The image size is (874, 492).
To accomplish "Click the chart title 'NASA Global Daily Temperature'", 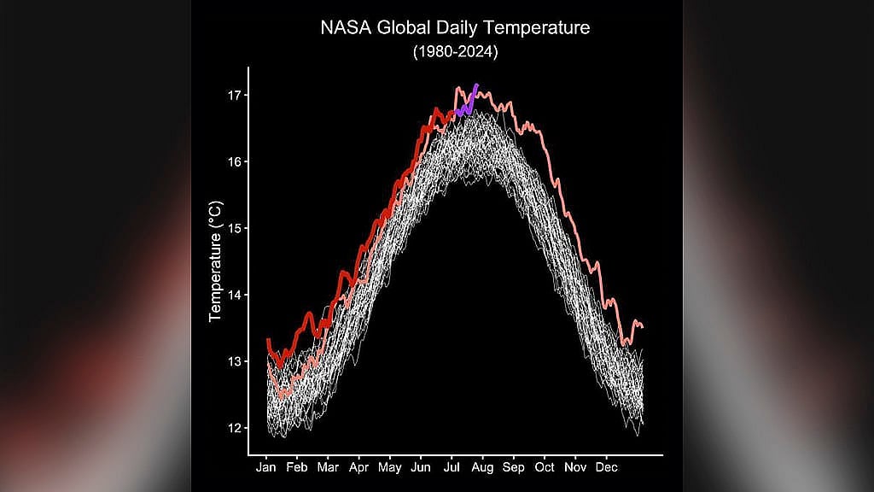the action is (455, 28).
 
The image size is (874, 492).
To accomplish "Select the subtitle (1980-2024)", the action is (456, 52).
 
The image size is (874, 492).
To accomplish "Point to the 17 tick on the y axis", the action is (234, 96).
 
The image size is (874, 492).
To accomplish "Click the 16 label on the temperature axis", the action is (234, 161).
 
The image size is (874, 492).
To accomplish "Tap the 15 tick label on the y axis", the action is (234, 228).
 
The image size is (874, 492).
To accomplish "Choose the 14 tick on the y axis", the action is (234, 295).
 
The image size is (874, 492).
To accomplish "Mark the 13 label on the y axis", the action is (234, 361).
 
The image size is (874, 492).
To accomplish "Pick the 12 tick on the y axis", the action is (234, 428).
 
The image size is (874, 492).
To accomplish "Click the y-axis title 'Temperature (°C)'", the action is (216, 261).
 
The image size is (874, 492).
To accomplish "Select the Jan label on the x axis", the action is (266, 467).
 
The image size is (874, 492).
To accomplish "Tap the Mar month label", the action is (328, 467).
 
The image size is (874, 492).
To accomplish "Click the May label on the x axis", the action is (389, 468).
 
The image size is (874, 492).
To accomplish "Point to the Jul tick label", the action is (452, 467).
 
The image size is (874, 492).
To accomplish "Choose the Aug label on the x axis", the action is (482, 468).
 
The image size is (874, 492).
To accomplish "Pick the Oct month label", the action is (545, 467).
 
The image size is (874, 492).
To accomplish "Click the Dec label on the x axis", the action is (607, 467).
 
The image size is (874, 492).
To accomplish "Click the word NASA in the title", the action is (346, 28).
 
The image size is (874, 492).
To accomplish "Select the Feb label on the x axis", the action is (296, 467).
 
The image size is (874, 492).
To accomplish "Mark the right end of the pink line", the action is (642, 327).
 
